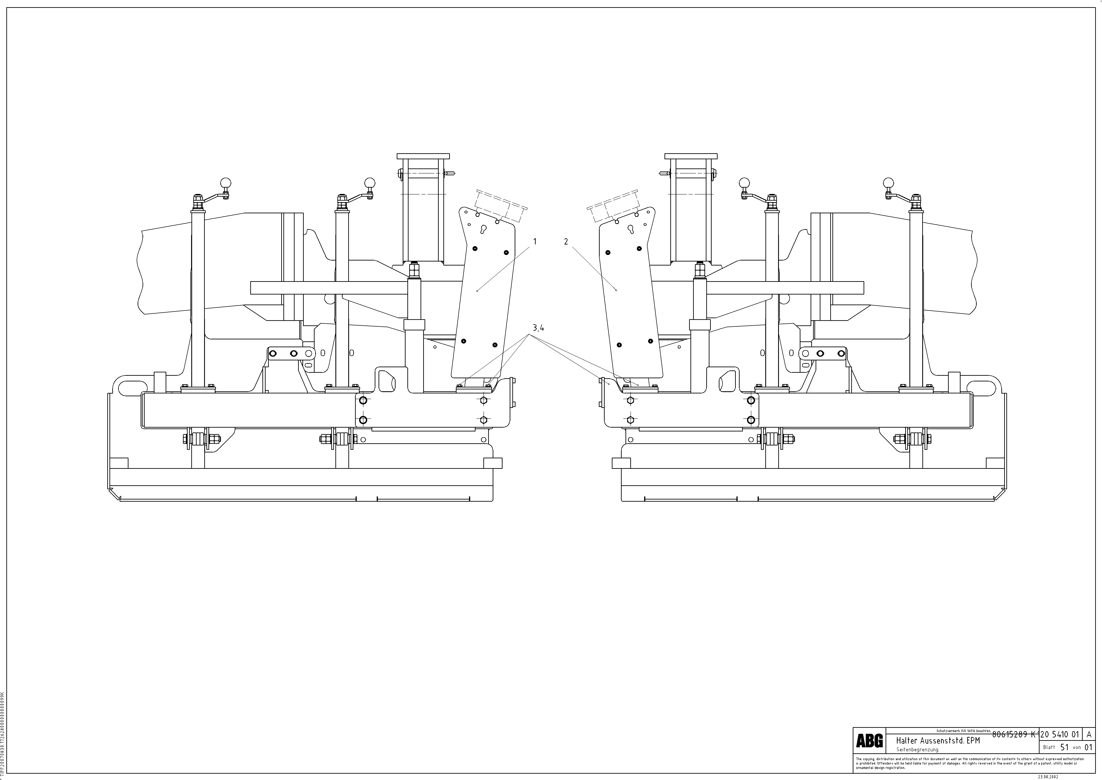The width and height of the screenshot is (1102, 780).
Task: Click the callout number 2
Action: coord(566,242)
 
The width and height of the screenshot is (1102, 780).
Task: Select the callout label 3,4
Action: coord(538,329)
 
